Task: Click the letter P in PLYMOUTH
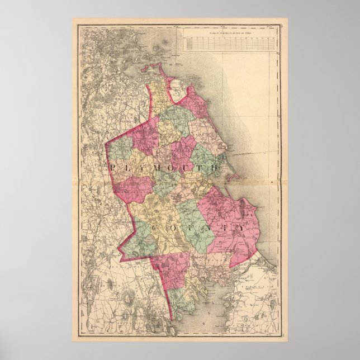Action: pos(115,167)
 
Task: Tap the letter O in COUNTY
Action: pos(170,229)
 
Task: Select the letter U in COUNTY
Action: pos(188,229)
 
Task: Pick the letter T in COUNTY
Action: pos(222,229)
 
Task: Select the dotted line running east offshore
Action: pos(252,152)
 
